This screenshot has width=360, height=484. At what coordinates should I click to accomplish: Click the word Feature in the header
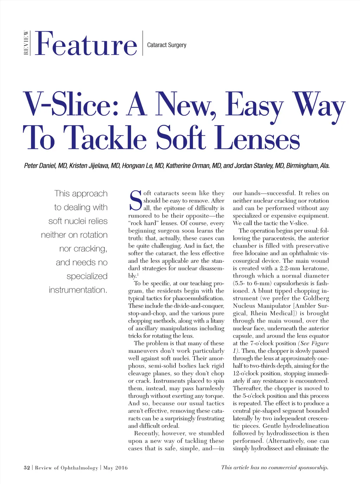(x=86, y=44)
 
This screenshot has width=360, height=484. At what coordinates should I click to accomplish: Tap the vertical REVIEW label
(x=26, y=43)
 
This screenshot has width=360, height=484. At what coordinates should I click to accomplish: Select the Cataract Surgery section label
(x=167, y=45)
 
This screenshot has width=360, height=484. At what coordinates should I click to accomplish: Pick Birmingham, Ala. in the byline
(x=308, y=166)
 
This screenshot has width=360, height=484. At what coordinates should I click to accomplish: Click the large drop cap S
(x=135, y=201)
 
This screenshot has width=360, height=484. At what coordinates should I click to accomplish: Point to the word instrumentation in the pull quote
(x=78, y=290)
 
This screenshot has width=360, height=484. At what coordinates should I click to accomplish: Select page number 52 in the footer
(x=27, y=468)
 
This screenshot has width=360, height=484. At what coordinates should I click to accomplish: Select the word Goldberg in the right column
(x=316, y=298)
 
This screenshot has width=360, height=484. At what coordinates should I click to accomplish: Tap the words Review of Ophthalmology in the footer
(x=66, y=468)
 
